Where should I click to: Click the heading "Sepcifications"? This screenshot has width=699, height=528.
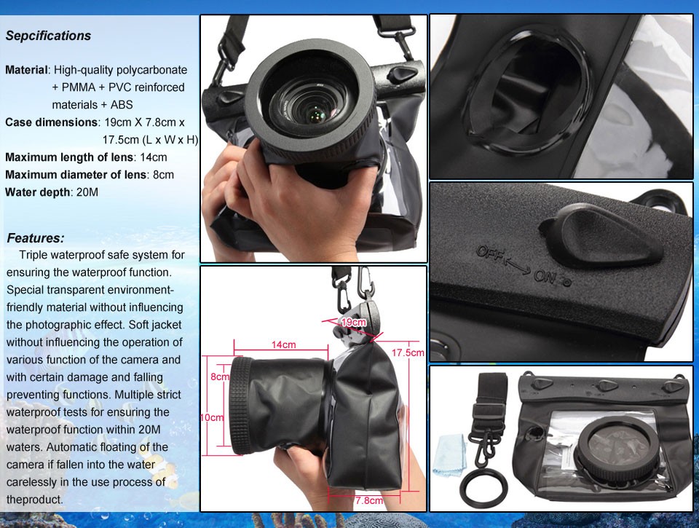48,36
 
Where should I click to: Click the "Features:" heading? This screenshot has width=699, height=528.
36,238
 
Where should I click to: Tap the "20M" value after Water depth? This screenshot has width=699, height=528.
87,192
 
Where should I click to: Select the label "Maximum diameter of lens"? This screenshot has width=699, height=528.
75,175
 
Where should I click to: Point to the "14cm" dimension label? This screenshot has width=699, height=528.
283,344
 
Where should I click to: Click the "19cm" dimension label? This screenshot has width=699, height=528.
354,322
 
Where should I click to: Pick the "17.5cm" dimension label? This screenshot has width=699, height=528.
408,352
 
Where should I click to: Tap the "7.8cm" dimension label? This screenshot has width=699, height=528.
369,500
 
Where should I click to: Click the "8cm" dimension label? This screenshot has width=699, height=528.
220,377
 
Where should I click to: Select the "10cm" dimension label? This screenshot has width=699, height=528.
212,417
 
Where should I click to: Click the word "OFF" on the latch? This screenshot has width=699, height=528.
489,253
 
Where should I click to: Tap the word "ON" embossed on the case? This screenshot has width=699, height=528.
545,277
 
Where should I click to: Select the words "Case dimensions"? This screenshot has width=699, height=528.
51,122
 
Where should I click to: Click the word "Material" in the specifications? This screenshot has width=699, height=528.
26,70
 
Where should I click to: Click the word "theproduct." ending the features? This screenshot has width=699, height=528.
34,500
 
